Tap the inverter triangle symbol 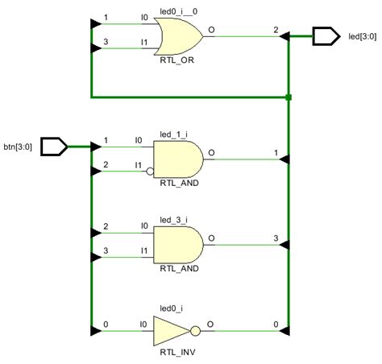(x=171, y=330)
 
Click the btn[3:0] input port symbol (x=53, y=147)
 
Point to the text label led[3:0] (x=359, y=37)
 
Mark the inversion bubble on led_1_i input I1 (x=151, y=171)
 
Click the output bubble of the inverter (x=193, y=330)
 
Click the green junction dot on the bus (x=288, y=98)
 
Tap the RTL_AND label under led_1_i (x=176, y=184)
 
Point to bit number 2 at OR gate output (x=276, y=29)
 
